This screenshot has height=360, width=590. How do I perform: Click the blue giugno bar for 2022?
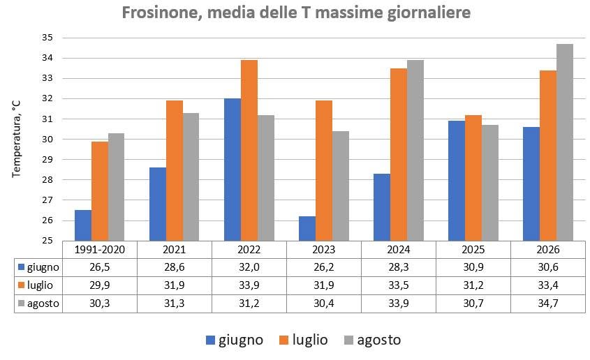[233, 170]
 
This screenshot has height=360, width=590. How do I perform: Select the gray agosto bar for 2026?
[565, 142]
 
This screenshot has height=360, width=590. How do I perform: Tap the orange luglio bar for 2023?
[324, 171]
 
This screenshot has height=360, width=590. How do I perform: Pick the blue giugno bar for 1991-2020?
[83, 225]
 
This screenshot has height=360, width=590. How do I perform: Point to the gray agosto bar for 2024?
[415, 150]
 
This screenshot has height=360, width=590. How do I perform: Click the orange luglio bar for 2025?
[473, 178]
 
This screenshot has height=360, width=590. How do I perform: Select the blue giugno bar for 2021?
[158, 204]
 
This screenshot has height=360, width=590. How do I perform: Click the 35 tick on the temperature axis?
[47, 38]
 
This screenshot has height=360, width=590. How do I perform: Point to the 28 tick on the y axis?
[47, 179]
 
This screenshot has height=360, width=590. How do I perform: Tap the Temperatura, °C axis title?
[16, 139]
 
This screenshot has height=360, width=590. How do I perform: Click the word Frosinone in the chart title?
[162, 13]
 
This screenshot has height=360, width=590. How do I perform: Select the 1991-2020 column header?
[100, 250]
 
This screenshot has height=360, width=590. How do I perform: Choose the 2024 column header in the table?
[399, 250]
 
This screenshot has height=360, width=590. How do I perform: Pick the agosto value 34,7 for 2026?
[548, 303]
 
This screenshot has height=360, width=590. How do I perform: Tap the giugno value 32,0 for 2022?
[249, 267]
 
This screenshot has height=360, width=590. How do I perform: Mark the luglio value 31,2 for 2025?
[473, 285]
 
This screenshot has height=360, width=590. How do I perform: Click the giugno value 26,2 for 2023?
[324, 267]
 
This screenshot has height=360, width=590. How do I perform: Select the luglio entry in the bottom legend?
[303, 340]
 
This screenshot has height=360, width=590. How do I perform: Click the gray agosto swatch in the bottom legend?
[349, 340]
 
